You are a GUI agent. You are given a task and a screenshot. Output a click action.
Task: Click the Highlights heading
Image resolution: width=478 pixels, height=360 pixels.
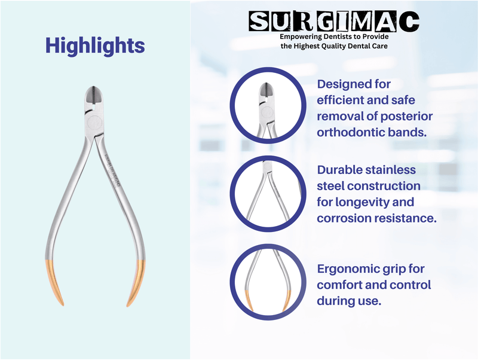pos(94,45)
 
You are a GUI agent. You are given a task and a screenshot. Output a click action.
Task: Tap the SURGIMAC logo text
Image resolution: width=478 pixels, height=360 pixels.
pos(334,22)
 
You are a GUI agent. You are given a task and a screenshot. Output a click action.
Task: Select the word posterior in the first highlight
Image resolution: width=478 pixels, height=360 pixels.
pos(405,115)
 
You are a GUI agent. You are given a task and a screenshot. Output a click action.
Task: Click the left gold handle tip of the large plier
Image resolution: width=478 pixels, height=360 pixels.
pos(52,284)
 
